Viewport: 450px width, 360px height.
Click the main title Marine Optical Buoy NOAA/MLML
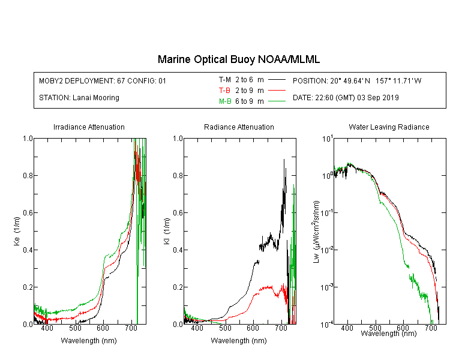[238, 59]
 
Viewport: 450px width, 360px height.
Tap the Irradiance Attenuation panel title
[89, 127]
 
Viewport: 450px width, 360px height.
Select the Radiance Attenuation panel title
[239, 127]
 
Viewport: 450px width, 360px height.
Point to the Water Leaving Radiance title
[389, 127]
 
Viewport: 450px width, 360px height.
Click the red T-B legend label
[224, 91]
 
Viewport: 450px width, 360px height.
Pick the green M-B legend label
[225, 101]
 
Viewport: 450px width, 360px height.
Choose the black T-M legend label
[225, 80]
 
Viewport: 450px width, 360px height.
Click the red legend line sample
[277, 91]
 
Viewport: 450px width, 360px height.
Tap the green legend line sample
[277, 101]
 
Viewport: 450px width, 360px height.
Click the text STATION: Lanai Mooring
[79, 98]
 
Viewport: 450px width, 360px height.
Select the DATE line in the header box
[346, 98]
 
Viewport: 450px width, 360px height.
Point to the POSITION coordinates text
[357, 80]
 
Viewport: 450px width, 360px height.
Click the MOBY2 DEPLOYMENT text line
[103, 80]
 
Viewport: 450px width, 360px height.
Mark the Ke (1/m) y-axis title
[17, 232]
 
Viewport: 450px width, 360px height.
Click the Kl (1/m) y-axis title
[167, 232]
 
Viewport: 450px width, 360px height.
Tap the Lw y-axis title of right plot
[316, 232]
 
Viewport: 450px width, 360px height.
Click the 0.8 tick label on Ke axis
[28, 175]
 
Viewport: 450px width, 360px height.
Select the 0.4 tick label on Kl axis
[178, 250]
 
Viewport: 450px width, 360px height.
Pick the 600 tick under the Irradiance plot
[103, 328]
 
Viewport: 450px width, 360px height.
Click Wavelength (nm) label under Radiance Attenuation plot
[239, 341]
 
